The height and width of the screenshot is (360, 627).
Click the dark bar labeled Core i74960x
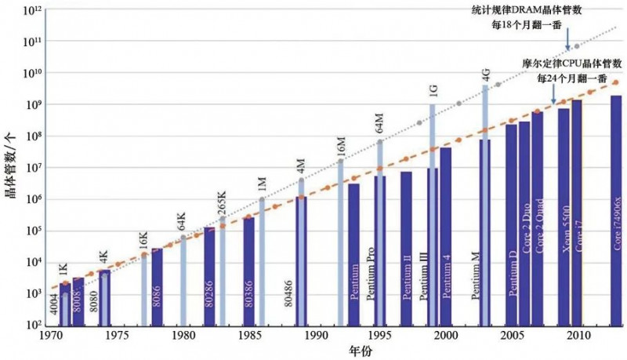[x=616, y=212]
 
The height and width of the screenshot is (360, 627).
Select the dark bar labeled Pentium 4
[x=446, y=235]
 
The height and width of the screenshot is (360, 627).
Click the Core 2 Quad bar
[x=538, y=220]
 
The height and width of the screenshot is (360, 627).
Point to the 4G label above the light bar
[x=486, y=76]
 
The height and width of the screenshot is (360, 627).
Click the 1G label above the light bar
[x=433, y=91]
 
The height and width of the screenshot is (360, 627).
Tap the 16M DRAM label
[x=341, y=146]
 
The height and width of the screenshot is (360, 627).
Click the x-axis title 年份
[x=335, y=350]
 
